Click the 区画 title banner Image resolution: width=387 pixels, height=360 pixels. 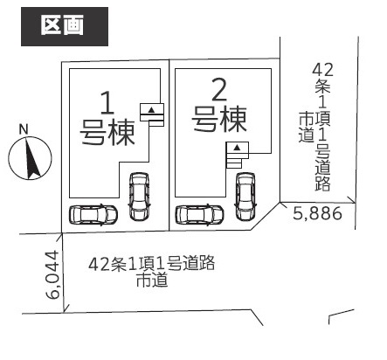[x=65, y=26]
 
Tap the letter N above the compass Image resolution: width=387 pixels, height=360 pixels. [x=24, y=129]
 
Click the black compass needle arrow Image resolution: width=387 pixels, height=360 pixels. [x=32, y=160]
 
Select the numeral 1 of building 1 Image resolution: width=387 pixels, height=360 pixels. [x=107, y=102]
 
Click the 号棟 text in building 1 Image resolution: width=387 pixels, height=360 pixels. [x=107, y=133]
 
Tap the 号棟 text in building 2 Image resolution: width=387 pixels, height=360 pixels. [x=219, y=119]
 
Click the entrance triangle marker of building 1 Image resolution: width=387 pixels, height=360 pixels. [x=151, y=110]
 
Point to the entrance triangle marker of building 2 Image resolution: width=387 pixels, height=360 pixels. [x=238, y=148]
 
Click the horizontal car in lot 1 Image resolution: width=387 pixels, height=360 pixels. [x=93, y=215]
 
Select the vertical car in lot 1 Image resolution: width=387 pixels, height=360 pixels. [x=139, y=197]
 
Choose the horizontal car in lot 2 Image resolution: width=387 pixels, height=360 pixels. [x=199, y=215]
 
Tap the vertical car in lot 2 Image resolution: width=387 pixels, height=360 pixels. [x=245, y=197]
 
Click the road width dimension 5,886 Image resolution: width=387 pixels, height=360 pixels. [x=317, y=214]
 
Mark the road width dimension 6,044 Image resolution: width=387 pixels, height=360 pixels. [x=53, y=275]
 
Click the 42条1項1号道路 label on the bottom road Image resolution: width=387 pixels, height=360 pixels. [x=151, y=264]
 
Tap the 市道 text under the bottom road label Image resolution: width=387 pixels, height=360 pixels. [x=152, y=280]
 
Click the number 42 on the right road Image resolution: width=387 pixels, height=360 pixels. [x=322, y=70]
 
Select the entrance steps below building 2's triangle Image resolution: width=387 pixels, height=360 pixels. [x=235, y=161]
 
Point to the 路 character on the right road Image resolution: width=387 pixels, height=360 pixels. [x=322, y=183]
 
